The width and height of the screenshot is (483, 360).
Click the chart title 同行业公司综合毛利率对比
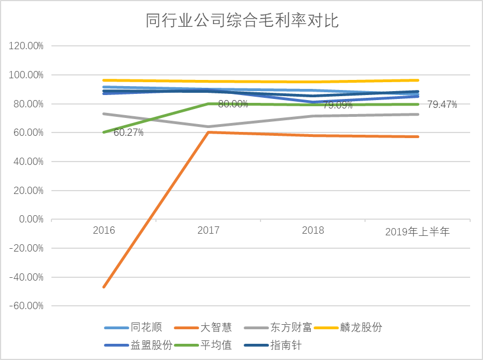point(242,21)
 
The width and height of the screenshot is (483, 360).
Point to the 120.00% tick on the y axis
point(27,46)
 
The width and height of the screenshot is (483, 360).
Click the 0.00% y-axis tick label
point(31,219)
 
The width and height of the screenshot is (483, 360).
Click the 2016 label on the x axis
point(104,230)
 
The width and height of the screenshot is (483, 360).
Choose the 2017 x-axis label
point(209,230)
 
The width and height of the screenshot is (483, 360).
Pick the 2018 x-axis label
point(313,230)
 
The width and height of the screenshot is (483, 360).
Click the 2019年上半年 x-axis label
point(417,231)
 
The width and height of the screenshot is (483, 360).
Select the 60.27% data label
point(128,132)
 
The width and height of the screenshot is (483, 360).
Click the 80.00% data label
point(233,104)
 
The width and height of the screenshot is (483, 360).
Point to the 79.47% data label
point(442,104)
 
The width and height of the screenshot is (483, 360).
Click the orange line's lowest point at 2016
point(104,287)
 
